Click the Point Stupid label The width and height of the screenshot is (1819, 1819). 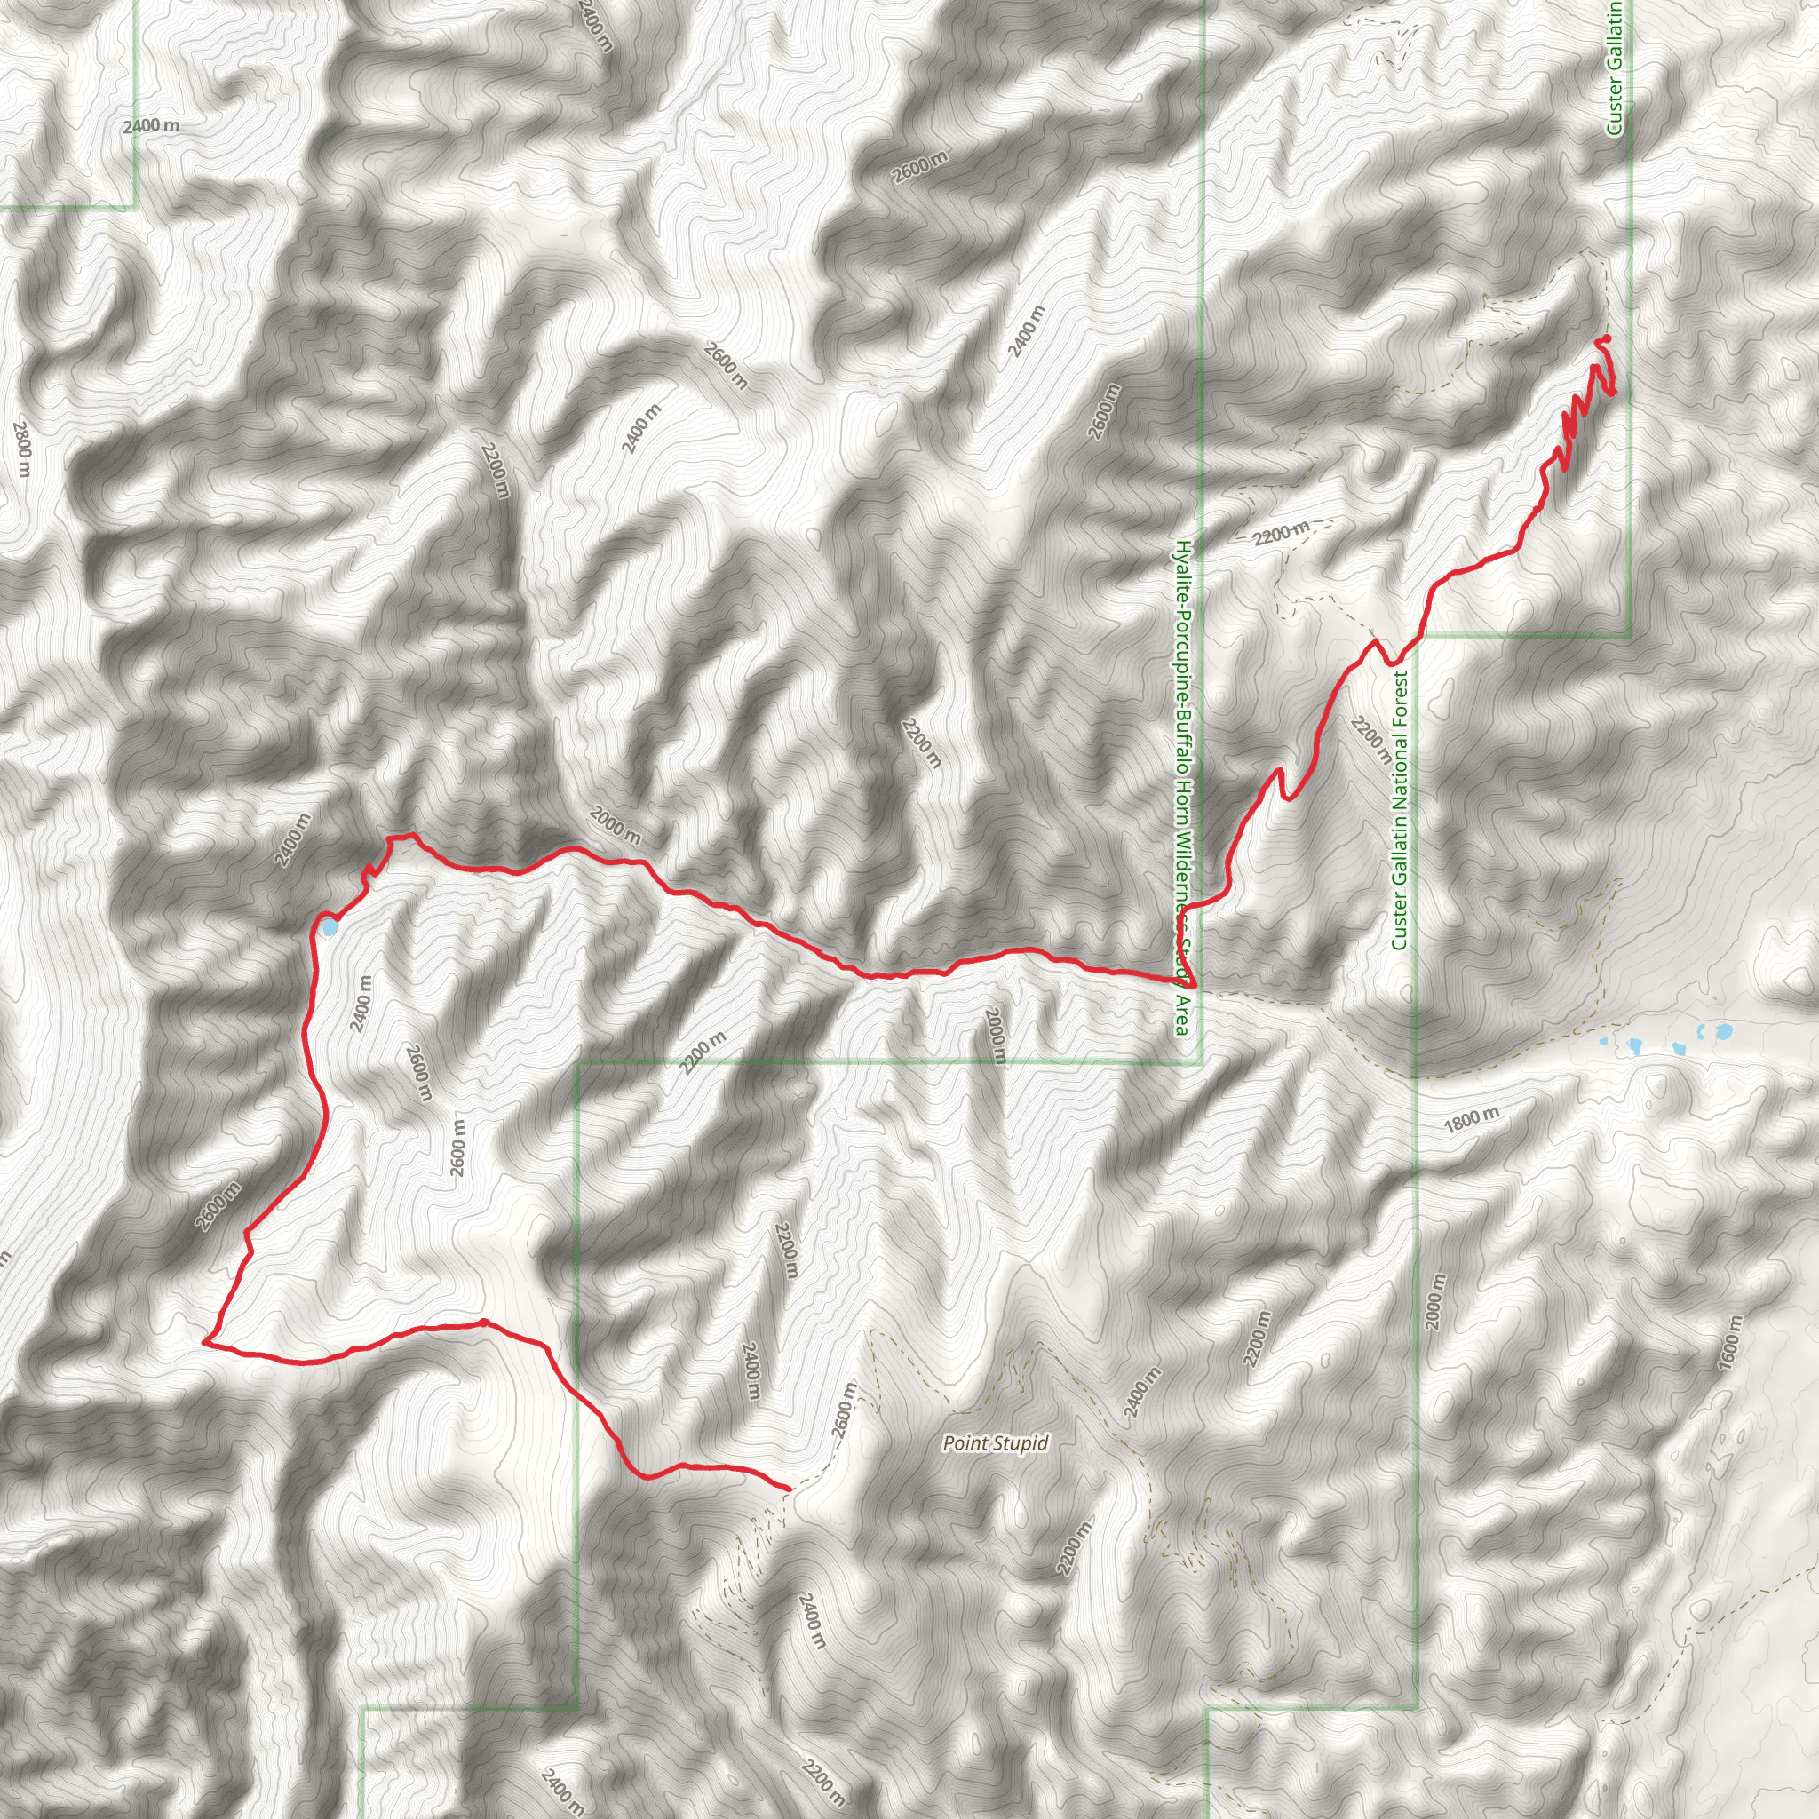995,1443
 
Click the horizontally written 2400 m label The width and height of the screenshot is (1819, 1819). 151,125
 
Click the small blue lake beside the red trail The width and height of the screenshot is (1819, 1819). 329,928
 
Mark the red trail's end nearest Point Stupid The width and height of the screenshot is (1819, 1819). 788,1488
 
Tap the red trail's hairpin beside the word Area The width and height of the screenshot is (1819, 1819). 1193,984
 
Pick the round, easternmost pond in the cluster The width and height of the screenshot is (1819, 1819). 1724,1031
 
